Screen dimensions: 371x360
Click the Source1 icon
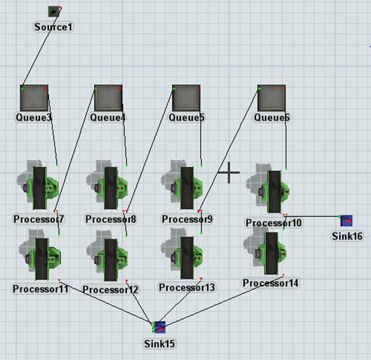(x=54, y=11)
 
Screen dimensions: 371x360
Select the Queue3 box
(x=34, y=98)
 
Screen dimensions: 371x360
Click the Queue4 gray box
(x=109, y=98)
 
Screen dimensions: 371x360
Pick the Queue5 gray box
(x=187, y=98)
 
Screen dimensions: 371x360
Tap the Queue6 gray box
(x=271, y=98)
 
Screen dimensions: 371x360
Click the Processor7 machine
(x=39, y=187)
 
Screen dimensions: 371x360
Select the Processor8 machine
(x=108, y=187)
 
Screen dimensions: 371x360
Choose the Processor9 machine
(x=182, y=187)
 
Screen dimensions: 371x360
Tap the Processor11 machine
(x=40, y=255)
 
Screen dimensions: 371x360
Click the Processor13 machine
(x=182, y=255)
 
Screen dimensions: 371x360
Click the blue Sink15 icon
(x=159, y=327)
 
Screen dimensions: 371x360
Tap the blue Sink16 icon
(x=346, y=221)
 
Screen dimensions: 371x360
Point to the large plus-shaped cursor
(x=229, y=173)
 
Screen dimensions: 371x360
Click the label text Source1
(x=53, y=27)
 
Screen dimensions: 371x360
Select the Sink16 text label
(x=347, y=236)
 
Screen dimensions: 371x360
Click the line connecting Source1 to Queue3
(x=41, y=48)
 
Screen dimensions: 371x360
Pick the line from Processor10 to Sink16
(x=312, y=216)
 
